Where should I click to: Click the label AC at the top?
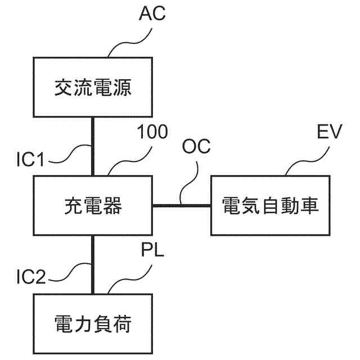click(x=152, y=13)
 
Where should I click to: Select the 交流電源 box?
click(x=93, y=87)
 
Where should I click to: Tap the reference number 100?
click(x=152, y=133)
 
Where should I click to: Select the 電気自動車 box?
click(x=271, y=205)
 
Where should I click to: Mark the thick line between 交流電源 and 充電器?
click(x=93, y=146)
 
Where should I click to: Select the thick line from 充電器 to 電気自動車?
click(x=181, y=205)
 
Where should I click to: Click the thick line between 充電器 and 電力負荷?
click(x=93, y=264)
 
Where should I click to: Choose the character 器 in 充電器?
click(x=112, y=206)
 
